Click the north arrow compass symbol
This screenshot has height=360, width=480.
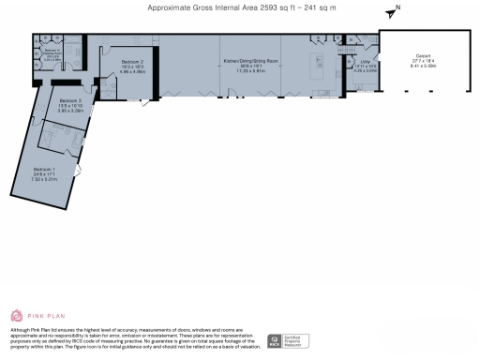(x=392, y=13)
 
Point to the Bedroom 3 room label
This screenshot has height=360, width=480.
(x=70, y=99)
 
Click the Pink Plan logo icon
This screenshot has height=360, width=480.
(x=16, y=316)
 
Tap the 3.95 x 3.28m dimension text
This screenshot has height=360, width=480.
(x=70, y=110)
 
